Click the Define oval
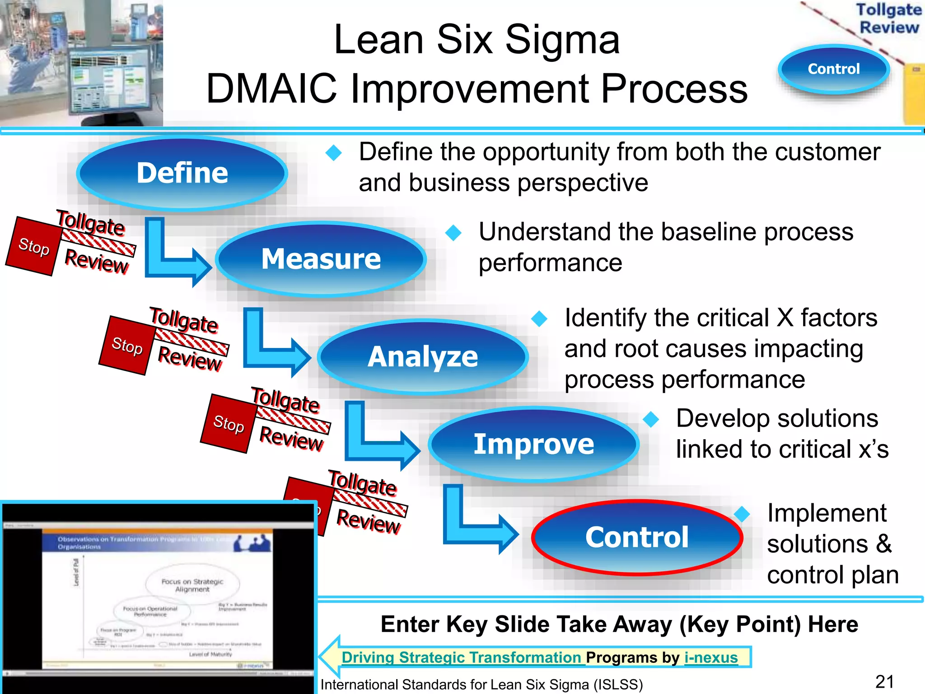click(x=182, y=173)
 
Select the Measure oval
click(x=321, y=259)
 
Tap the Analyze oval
click(x=423, y=356)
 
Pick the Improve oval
click(x=533, y=444)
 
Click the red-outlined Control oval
click(x=637, y=537)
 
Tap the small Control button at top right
click(x=833, y=69)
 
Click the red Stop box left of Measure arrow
click(x=33, y=246)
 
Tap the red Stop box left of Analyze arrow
click(x=127, y=346)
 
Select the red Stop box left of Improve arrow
click(x=229, y=423)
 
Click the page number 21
click(x=884, y=681)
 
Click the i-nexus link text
click(x=711, y=657)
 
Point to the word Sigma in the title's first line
click(x=562, y=40)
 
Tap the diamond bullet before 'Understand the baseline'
click(x=453, y=233)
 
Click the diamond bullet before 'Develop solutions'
click(x=651, y=419)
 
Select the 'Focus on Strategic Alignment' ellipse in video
click(x=192, y=585)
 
